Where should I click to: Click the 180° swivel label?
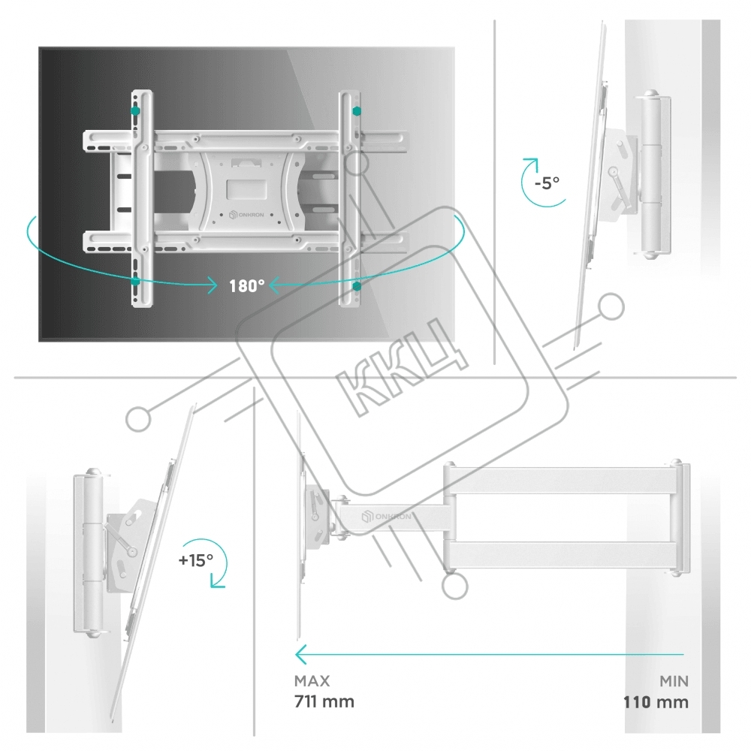click(246, 286)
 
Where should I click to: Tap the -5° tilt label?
click(547, 183)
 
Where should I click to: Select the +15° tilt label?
click(196, 560)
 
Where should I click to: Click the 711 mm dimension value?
click(324, 701)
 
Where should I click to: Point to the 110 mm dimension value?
click(656, 702)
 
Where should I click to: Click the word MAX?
click(312, 680)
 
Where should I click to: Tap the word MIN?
click(674, 680)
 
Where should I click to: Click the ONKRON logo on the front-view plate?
click(246, 215)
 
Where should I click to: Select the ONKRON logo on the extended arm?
click(386, 517)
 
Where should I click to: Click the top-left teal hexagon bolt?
click(135, 110)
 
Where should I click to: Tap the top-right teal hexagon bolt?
click(356, 111)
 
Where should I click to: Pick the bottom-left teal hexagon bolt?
click(135, 281)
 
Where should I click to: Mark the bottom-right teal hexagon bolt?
click(356, 286)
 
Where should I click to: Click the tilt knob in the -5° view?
click(613, 171)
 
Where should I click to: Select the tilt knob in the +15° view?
click(131, 551)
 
